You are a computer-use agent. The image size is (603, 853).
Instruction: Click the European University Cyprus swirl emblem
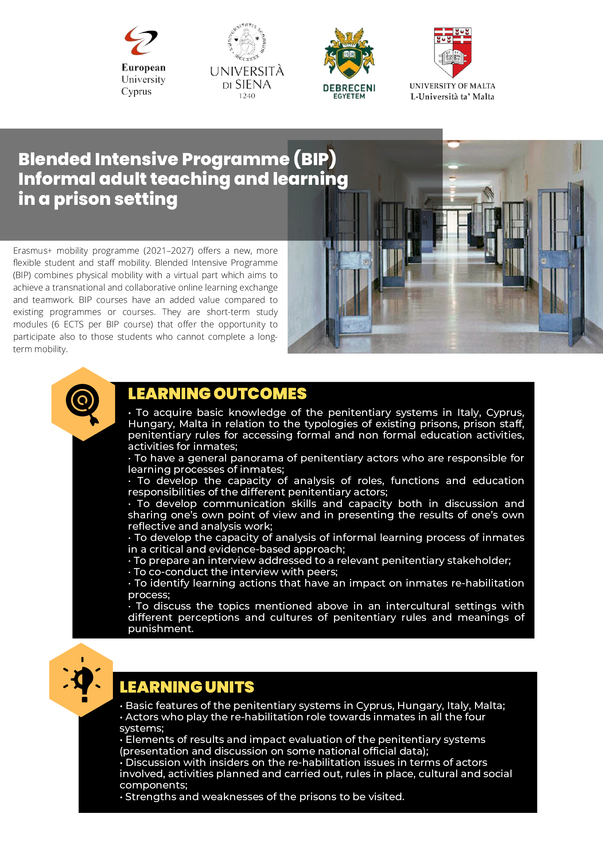tap(141, 40)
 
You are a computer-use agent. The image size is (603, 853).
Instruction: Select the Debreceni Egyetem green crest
tap(349, 54)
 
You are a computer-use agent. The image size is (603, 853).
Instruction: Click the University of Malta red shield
tap(452, 52)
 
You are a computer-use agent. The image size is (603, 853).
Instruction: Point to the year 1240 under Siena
tap(247, 96)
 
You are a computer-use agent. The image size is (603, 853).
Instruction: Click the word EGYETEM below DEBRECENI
tap(349, 96)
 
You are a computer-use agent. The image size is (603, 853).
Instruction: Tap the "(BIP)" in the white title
tap(315, 159)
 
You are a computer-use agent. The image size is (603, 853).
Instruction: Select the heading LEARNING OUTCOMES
tap(217, 394)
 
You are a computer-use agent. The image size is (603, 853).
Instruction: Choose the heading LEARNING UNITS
tap(187, 687)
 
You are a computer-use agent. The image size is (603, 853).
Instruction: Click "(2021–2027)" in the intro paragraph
tap(168, 251)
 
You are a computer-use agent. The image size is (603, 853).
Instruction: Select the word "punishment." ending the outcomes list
tap(160, 628)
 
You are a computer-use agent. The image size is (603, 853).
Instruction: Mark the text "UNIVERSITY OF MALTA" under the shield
tap(452, 86)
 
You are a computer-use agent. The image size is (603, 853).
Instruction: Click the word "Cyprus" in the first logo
tap(136, 91)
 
